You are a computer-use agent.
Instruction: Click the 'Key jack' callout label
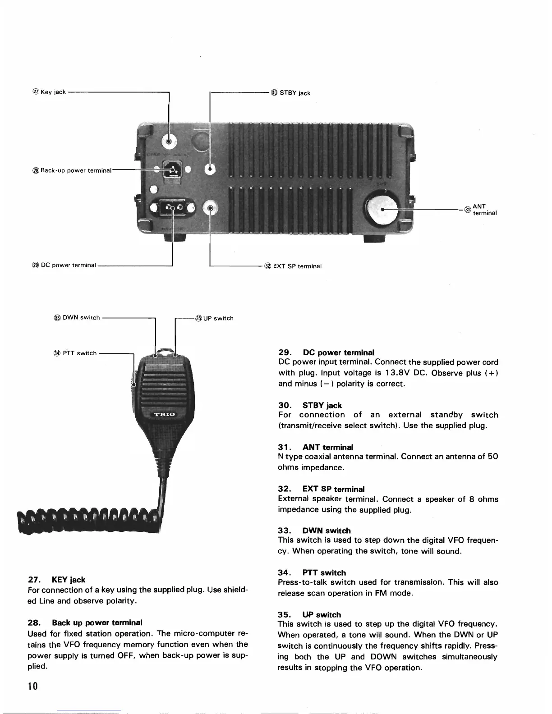click(50, 92)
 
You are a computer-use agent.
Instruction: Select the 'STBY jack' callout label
click(291, 93)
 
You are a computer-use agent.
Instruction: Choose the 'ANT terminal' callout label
click(481, 210)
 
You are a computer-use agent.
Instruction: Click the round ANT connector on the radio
click(382, 209)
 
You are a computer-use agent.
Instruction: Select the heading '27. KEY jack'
click(56, 580)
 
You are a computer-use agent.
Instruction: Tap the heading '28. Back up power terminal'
click(85, 622)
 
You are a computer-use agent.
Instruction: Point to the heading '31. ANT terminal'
click(315, 447)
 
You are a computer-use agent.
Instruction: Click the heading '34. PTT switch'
click(312, 573)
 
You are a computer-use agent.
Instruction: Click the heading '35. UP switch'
click(309, 615)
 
